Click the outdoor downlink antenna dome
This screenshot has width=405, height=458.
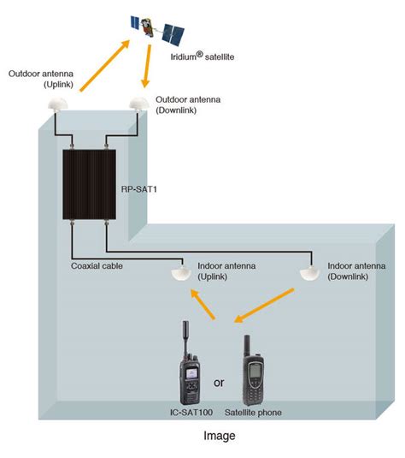[139, 103]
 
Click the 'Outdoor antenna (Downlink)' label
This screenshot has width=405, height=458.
[190, 105]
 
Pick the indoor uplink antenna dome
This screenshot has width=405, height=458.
[180, 273]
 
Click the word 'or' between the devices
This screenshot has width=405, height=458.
[219, 382]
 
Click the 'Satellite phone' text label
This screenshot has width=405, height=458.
[252, 413]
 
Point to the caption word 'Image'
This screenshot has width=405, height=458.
[220, 436]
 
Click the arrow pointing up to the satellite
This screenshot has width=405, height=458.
[107, 66]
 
